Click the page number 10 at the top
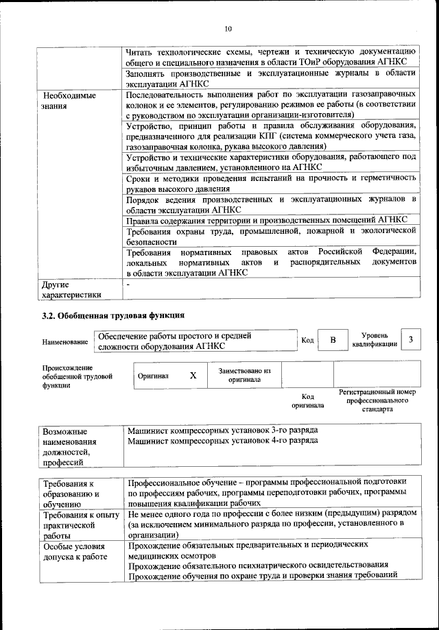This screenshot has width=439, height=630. tap(228, 28)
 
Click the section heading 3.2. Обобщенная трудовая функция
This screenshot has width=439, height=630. tap(113, 316)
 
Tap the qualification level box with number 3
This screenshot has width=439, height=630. tap(410, 340)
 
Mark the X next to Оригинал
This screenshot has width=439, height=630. tap(193, 376)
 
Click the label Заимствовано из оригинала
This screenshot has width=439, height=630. tap(244, 375)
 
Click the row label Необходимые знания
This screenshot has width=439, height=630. tap(68, 101)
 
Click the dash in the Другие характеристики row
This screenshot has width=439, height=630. tap(128, 283)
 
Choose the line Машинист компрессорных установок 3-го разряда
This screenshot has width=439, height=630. tap(222, 430)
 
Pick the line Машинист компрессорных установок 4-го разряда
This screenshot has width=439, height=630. tap(222, 441)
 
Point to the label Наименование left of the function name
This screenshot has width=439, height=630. tap(65, 341)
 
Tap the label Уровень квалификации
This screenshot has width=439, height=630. tap(375, 339)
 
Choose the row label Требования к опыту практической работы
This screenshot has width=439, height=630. tap(80, 525)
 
